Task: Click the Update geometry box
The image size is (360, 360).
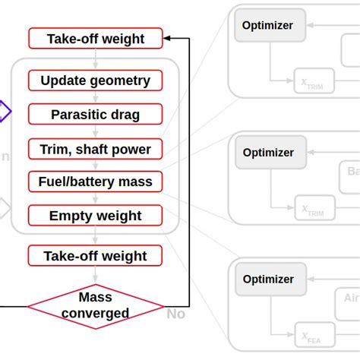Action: click(x=96, y=81)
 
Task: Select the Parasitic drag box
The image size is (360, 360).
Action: click(x=96, y=115)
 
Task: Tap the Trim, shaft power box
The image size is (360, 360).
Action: click(x=96, y=149)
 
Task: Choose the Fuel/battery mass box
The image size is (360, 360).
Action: click(x=96, y=182)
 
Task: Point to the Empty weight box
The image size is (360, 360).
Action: click(x=96, y=216)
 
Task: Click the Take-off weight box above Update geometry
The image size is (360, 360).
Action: click(x=96, y=39)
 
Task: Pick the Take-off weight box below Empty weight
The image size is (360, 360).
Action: click(x=96, y=255)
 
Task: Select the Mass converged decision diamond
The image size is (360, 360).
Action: click(x=96, y=306)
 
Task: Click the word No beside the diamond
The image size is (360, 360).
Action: click(x=175, y=313)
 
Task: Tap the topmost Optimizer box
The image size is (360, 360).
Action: click(x=268, y=24)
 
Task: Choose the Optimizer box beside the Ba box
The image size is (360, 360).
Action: click(x=268, y=152)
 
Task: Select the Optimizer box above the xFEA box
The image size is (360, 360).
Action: click(x=268, y=279)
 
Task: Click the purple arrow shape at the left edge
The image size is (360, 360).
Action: click(x=5, y=112)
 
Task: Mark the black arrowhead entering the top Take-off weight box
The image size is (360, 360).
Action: click(x=169, y=38)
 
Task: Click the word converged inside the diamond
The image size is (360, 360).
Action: click(x=96, y=313)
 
